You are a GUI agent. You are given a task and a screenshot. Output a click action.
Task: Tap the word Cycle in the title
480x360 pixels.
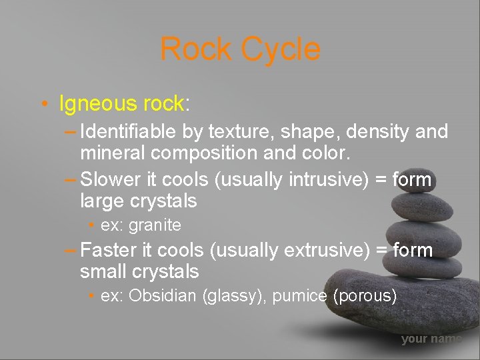281,49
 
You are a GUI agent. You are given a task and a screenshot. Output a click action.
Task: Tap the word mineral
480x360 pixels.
113,153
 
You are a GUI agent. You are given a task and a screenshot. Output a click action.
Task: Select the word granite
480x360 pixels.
155,225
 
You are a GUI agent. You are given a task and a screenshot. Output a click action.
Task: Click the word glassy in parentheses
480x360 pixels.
235,296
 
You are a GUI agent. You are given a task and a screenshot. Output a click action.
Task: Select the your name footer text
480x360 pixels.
431,339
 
